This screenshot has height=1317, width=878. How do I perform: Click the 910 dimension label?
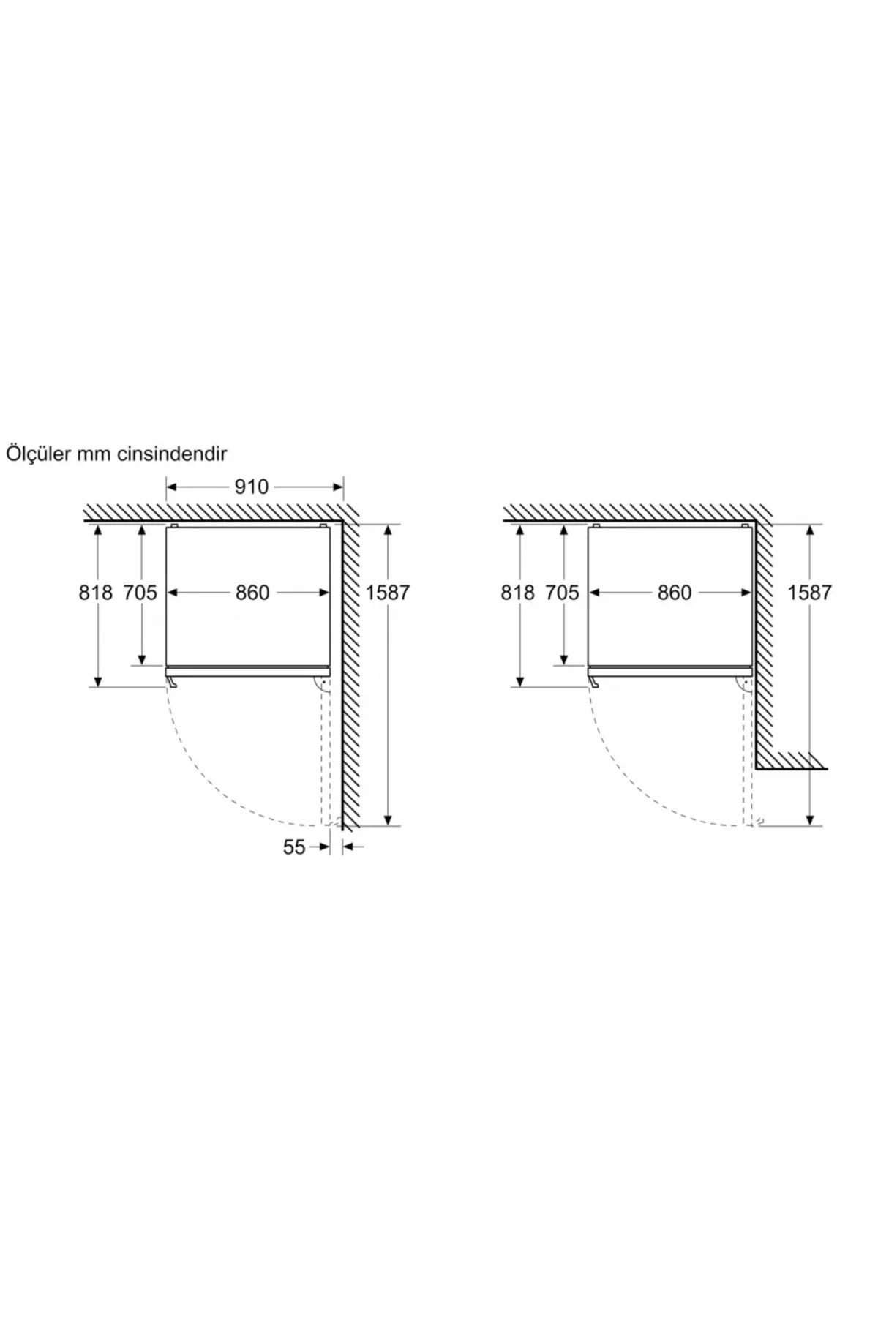click(x=252, y=487)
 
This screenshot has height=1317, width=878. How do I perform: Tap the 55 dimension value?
click(x=294, y=847)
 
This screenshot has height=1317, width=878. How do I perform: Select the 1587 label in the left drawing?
click(x=388, y=593)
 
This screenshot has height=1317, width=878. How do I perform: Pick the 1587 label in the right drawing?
click(x=810, y=593)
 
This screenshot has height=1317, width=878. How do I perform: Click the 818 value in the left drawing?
click(x=96, y=593)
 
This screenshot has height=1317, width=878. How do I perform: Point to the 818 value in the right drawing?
click(x=518, y=593)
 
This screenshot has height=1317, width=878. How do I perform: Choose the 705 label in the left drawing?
click(x=140, y=593)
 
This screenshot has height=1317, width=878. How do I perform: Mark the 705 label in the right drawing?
click(x=562, y=593)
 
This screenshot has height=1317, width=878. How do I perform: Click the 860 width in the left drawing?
click(x=252, y=593)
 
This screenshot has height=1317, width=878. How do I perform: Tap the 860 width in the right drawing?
click(x=675, y=593)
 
